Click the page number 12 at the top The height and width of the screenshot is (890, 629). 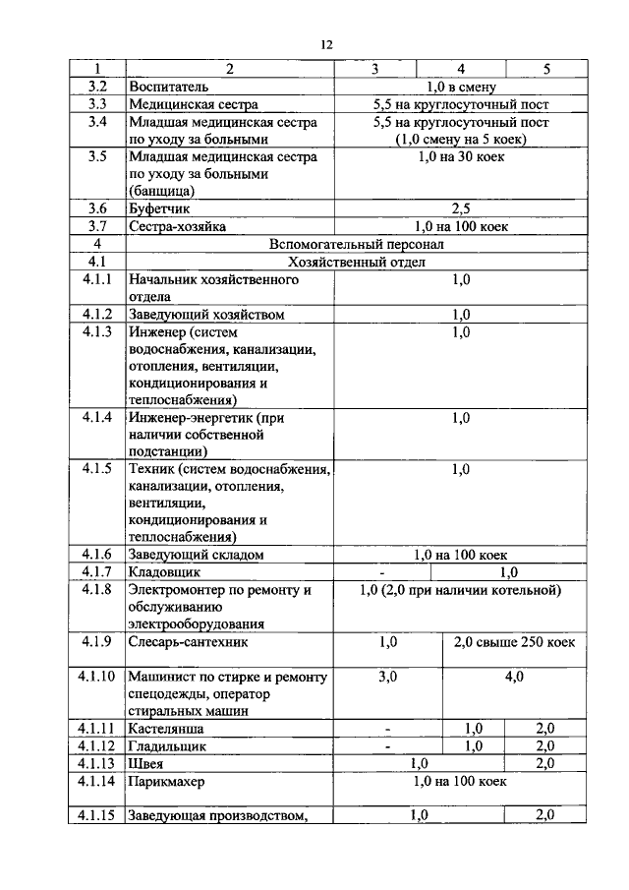pos(327,44)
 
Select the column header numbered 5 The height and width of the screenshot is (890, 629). pos(546,69)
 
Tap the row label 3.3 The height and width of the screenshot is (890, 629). pos(96,104)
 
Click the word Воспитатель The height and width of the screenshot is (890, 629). pos(168,87)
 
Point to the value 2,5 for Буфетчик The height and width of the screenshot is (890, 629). pos(460,208)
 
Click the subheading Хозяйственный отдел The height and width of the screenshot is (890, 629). pos(356,262)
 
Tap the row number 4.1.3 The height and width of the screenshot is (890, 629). pos(97,332)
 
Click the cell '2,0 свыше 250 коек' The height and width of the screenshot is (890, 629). pos(514,642)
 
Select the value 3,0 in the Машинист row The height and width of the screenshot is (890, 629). pos(387,678)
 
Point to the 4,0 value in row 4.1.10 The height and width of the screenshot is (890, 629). pos(514,678)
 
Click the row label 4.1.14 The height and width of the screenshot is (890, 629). pos(97,781)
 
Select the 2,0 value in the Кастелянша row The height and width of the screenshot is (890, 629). pos(545,728)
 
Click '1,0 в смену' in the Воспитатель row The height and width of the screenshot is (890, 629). pos(460,87)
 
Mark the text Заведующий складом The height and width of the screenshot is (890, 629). pos(197,555)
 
